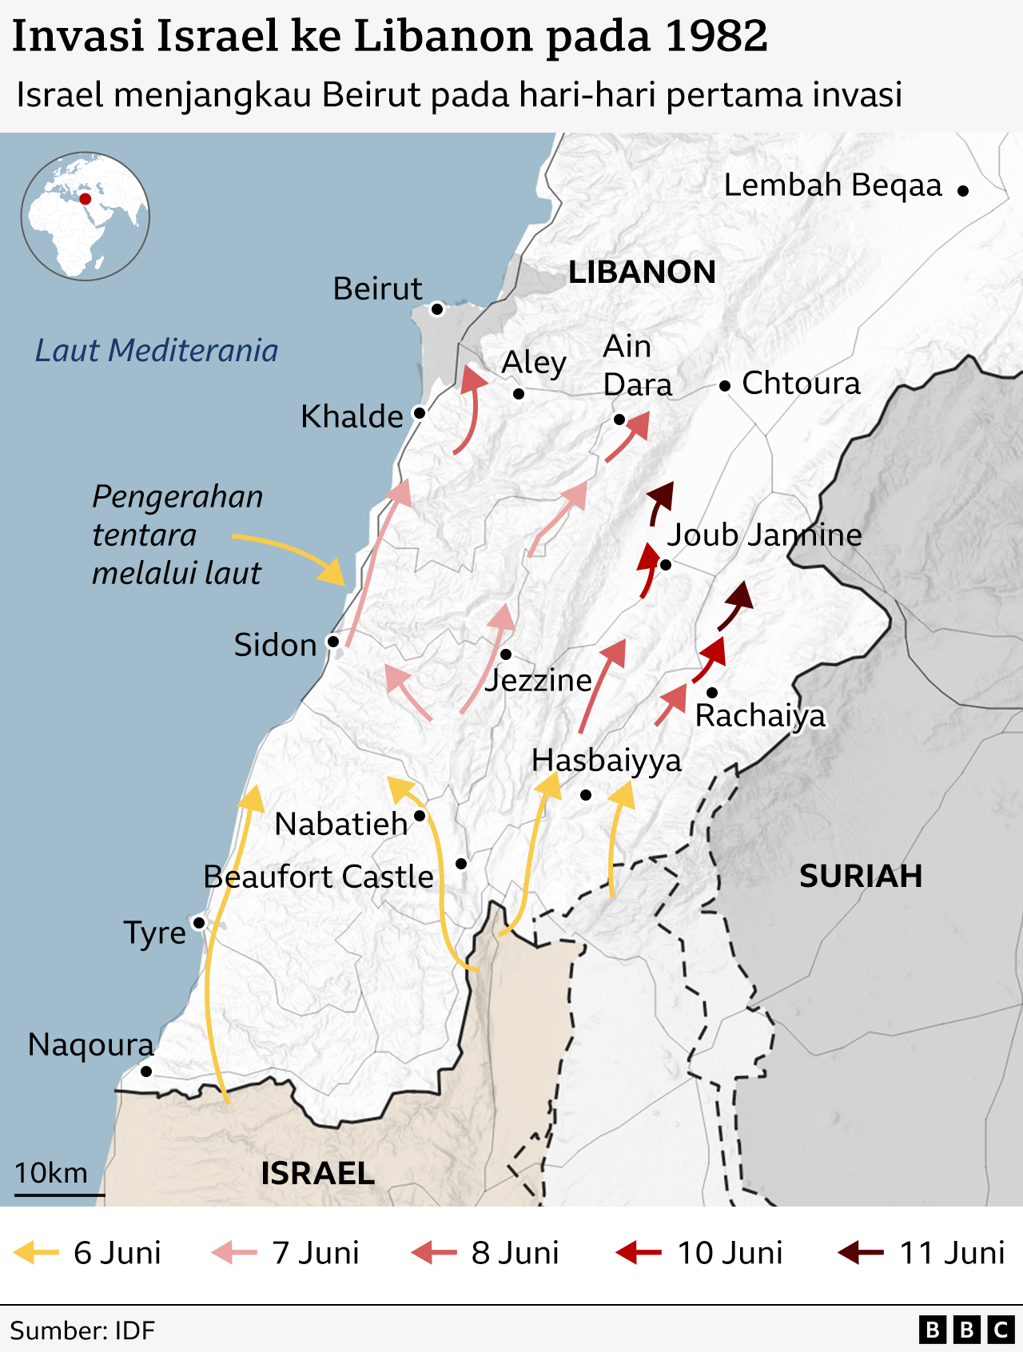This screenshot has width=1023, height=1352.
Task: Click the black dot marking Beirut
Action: coord(436,309)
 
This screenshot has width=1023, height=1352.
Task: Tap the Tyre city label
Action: coord(154,932)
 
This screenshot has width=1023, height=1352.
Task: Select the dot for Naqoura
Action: coord(146,1071)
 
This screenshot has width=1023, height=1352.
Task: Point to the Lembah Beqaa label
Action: coord(833,185)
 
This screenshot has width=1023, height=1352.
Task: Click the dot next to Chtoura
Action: coord(725,386)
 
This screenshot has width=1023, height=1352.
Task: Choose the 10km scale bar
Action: coord(59,1195)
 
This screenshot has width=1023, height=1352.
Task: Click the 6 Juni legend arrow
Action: coord(37,1252)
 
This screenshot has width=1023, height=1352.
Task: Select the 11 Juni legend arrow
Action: coord(860,1252)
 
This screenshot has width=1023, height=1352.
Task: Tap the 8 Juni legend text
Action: coord(515,1253)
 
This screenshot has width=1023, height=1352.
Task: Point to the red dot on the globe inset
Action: coord(85,199)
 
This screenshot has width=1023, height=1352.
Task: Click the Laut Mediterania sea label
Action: coord(157,351)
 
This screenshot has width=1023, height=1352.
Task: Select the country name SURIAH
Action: coord(860,877)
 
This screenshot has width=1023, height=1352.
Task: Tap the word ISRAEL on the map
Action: coord(317,1173)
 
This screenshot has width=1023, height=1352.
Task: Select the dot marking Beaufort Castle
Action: coord(461,864)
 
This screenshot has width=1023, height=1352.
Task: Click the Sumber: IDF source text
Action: coord(82,1330)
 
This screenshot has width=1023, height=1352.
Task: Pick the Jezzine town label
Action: coord(538,680)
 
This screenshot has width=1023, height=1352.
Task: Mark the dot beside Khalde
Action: coord(419,413)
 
